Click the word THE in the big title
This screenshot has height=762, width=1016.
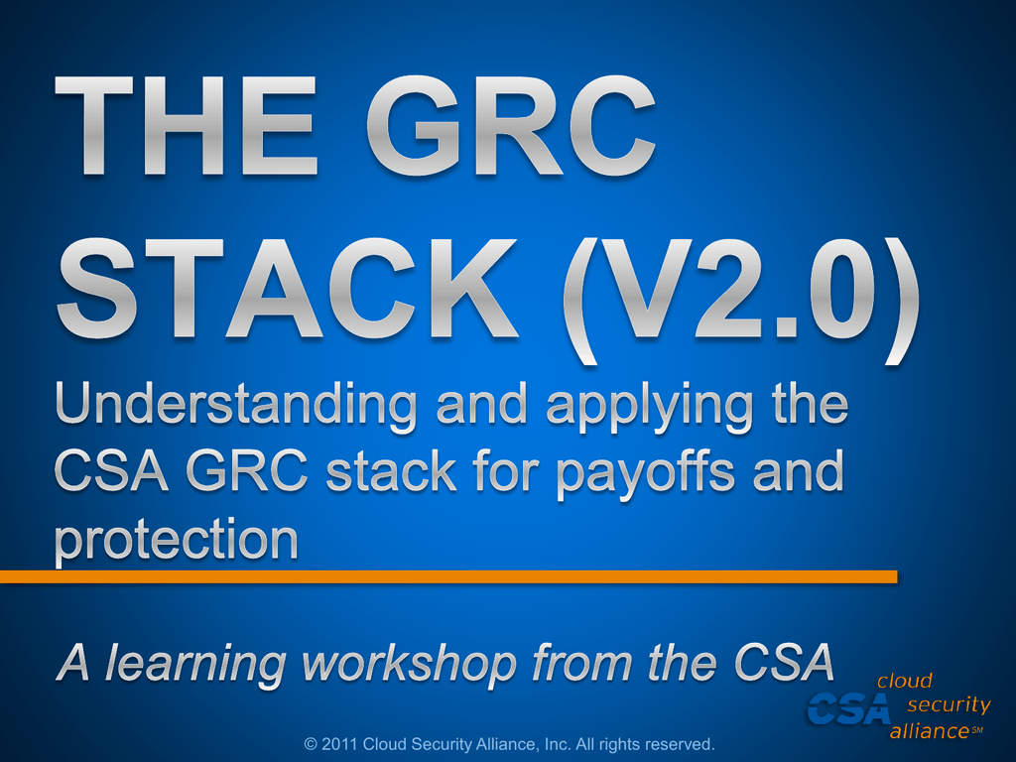pos(187,126)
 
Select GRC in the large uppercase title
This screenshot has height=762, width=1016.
pos(511,126)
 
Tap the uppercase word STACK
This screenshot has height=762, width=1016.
pos(288,289)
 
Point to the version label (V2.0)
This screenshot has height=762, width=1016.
pos(741,299)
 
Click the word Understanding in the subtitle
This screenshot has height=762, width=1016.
pos(236,406)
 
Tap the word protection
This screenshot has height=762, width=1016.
pos(177,540)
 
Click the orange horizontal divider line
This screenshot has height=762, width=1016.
pos(448,576)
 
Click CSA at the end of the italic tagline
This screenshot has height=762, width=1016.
pos(784,662)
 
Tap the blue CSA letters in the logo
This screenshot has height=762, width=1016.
pos(849,708)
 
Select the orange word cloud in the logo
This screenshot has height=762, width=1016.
pos(905,681)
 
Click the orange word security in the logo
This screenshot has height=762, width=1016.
pos(949,705)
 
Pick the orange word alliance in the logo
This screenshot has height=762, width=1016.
pos(930,731)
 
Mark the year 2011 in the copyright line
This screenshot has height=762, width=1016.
pos(339,744)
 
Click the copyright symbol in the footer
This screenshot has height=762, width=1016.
pos(311,744)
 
